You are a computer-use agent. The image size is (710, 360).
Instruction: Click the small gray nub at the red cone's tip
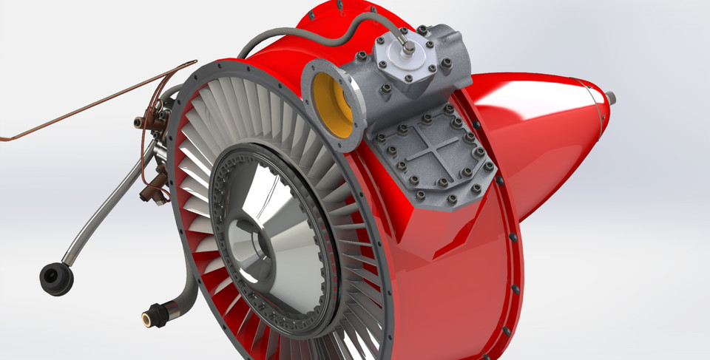point(612,96)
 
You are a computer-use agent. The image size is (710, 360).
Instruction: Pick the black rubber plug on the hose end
point(56,279)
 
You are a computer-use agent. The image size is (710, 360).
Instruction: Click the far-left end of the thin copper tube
point(3,138)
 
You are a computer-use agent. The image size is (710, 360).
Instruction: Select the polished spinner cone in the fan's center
point(255,222)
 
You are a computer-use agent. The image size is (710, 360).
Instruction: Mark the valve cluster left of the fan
point(152,148)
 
